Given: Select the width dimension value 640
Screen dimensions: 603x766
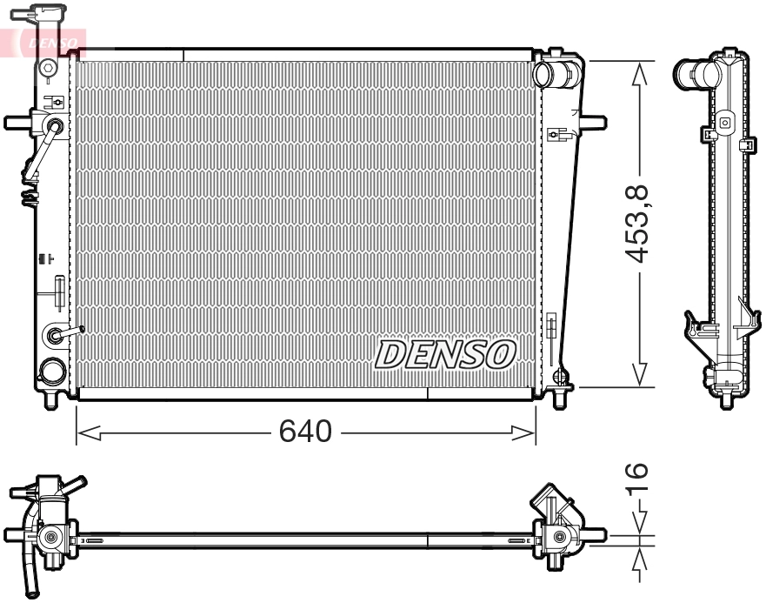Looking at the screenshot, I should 305,431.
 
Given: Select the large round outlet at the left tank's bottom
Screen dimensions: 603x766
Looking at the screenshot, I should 52,372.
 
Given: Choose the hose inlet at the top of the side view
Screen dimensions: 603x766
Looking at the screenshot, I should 692,72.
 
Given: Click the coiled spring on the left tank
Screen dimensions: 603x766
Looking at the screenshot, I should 29,193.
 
